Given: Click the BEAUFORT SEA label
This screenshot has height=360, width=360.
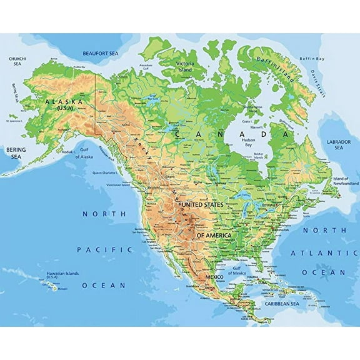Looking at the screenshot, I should tap(101, 54).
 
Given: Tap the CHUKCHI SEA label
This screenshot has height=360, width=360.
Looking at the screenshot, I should tap(17, 61).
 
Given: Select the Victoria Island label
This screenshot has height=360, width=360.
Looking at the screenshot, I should tap(185, 66).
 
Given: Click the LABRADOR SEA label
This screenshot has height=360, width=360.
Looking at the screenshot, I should tap(339, 145).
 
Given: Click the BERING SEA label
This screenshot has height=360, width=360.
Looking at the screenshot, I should tap(16, 153).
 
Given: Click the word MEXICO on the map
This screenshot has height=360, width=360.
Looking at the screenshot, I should tap(215, 276).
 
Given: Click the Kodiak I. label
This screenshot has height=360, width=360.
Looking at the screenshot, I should tap(66, 151).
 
